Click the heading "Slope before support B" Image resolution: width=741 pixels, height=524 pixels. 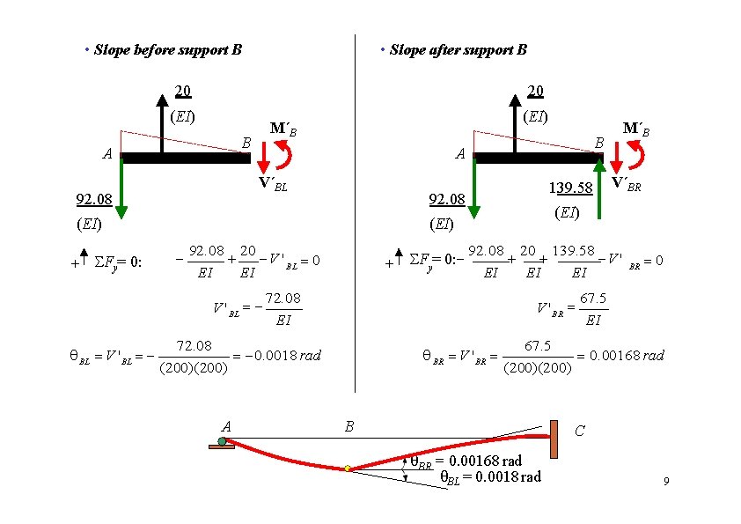[x=167, y=50]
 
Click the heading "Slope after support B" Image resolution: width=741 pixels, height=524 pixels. [x=458, y=50]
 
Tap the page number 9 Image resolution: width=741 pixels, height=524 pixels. [x=666, y=482]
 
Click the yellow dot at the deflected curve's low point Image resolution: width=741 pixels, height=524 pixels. [x=348, y=469]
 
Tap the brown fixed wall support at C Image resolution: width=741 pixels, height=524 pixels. [x=554, y=440]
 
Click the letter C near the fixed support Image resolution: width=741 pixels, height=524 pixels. [x=579, y=432]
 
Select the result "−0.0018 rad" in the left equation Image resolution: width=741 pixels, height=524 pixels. [x=287, y=356]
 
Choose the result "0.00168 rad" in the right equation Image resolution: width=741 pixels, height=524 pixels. [x=627, y=356]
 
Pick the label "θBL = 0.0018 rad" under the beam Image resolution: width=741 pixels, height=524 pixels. [x=490, y=476]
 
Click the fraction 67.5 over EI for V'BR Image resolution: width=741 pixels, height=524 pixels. [x=593, y=309]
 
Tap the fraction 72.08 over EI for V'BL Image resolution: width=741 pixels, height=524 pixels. [x=282, y=309]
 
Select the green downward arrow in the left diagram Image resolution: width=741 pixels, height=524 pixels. [x=121, y=189]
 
